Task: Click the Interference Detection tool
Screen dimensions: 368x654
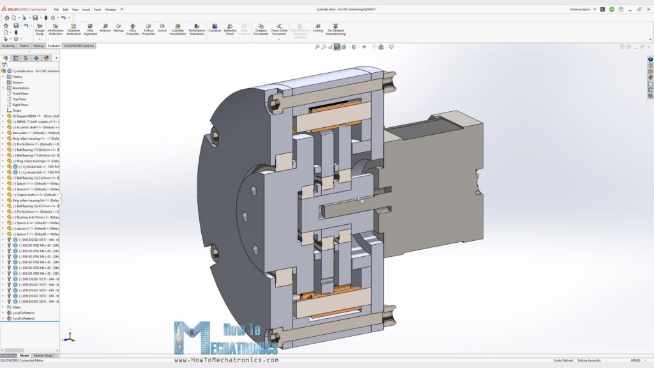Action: tap(56, 30)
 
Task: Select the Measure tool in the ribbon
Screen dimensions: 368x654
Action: tap(105, 28)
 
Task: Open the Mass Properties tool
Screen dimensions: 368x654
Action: tap(133, 30)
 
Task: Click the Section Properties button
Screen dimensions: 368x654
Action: tap(148, 30)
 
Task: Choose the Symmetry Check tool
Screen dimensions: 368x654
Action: tap(230, 30)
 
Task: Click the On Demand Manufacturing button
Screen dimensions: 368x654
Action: tap(336, 30)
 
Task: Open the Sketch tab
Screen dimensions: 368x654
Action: tap(24, 46)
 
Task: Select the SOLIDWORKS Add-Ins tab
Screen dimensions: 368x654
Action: tap(79, 46)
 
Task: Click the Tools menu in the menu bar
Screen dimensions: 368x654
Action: tap(97, 10)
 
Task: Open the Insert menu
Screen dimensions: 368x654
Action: tap(86, 10)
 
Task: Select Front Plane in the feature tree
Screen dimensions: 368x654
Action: tap(20, 93)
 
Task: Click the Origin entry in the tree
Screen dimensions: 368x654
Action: tap(17, 110)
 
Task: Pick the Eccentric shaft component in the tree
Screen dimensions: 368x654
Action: tap(35, 127)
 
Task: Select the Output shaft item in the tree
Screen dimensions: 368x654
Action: tap(35, 195)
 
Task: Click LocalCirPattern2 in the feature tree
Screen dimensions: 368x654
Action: tap(24, 318)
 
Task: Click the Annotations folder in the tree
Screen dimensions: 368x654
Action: tap(21, 88)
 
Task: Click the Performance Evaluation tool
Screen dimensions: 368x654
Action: tap(197, 30)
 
